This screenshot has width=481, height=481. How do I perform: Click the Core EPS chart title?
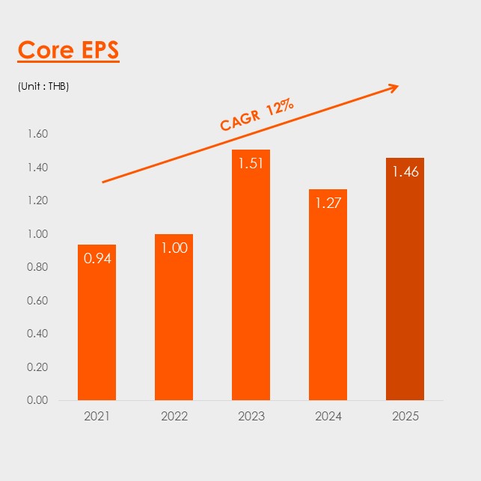click(x=68, y=50)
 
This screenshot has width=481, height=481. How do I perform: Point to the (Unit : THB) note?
click(x=43, y=86)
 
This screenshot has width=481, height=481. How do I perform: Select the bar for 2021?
click(x=96, y=329)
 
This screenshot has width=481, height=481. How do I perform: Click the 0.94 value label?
click(x=96, y=260)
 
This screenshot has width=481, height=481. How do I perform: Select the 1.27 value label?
click(x=328, y=203)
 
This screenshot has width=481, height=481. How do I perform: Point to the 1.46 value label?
click(x=405, y=172)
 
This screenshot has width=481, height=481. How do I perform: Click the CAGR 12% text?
click(x=257, y=115)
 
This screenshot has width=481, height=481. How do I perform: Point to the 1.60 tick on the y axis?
click(x=37, y=135)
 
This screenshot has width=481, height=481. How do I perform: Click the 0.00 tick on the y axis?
click(x=37, y=400)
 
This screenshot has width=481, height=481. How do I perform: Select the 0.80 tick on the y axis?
click(x=37, y=267)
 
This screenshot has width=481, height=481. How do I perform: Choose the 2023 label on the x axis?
click(x=251, y=416)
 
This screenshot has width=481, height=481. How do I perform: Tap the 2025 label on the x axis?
click(x=405, y=416)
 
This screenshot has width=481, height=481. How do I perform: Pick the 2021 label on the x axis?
click(x=96, y=416)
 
